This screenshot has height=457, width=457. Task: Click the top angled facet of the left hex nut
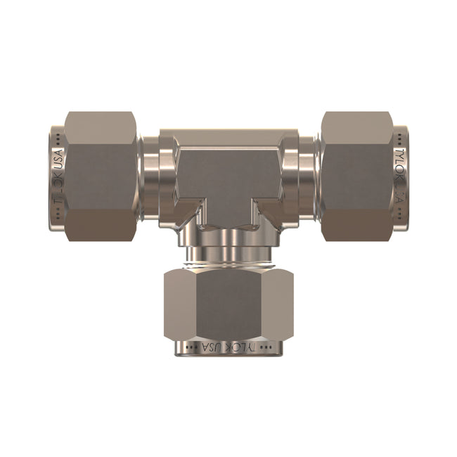click(101, 127)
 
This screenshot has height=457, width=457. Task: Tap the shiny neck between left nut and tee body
click(149, 176)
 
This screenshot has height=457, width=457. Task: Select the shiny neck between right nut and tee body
click(307, 176)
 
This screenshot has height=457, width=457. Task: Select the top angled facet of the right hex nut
click(356, 127)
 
